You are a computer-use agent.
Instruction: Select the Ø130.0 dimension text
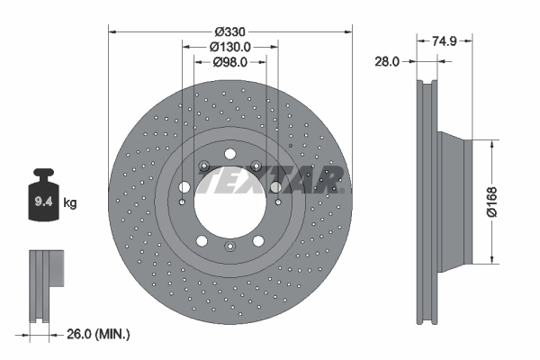coord(229,46)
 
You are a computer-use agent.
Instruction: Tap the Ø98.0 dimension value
coord(229,62)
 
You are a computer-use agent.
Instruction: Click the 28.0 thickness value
coord(387,61)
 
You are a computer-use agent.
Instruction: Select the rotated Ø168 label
coord(517,202)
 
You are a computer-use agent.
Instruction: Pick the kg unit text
coord(70,203)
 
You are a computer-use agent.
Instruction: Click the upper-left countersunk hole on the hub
coord(204,166)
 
